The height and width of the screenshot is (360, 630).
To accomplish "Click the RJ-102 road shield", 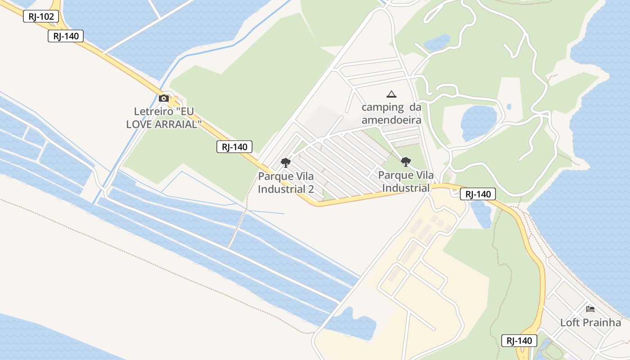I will (41, 17).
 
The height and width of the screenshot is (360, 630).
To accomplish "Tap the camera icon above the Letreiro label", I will (164, 98).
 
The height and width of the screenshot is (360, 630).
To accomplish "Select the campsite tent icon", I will (391, 94).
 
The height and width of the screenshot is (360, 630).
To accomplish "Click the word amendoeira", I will (391, 120).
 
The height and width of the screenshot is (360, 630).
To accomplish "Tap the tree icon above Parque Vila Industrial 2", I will (285, 162).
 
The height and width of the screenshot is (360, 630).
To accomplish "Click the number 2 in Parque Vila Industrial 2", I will (311, 189).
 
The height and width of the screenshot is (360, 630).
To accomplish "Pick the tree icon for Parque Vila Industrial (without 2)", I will (406, 162).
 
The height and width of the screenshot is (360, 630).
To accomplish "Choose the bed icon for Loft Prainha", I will (590, 309).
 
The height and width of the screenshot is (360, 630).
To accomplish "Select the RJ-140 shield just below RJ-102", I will (66, 36).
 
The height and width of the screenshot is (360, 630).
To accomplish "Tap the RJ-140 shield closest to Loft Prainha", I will (519, 341).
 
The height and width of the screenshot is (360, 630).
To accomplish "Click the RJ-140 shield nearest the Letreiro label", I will (234, 147).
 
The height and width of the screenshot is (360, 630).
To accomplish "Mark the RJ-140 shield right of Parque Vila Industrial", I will (478, 194).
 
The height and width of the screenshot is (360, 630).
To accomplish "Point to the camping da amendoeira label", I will (391, 113).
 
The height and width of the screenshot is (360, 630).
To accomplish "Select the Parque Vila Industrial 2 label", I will (286, 182).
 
